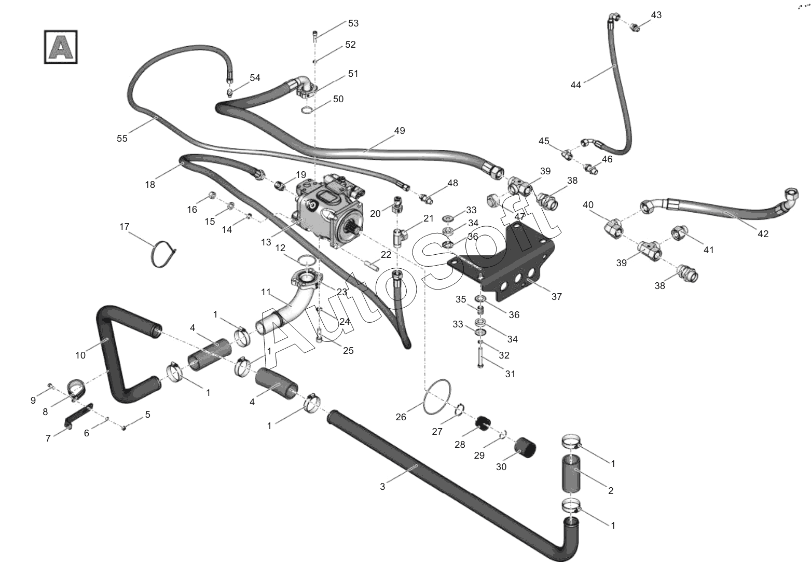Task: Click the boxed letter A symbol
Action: (61, 47)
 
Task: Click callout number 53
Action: (353, 23)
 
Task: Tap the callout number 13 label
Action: (266, 242)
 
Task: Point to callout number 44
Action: (575, 85)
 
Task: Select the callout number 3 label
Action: (382, 487)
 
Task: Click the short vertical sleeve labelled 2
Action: (572, 474)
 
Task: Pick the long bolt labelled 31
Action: (480, 357)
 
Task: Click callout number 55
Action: (122, 139)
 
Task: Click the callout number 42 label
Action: (763, 234)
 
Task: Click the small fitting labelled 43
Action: (634, 27)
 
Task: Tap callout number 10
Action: (80, 355)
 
